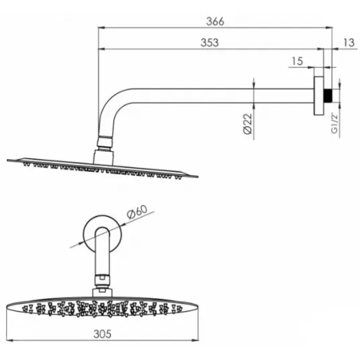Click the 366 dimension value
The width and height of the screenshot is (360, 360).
tap(215, 21)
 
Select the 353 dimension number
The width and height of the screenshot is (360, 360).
tap(210, 43)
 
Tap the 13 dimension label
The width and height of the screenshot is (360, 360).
tap(349, 43)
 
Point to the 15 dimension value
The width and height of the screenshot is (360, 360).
tap(298, 61)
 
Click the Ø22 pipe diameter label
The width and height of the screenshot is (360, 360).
tap(247, 124)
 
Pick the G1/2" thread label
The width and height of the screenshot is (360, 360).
tap(334, 123)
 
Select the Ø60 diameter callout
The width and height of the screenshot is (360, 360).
tap(137, 212)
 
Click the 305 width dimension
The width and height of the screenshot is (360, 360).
tap(102, 334)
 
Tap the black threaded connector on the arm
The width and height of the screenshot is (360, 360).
tap(328, 95)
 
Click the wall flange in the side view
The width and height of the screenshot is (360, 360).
tap(319, 95)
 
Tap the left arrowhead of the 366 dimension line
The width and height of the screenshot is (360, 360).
tap(101, 28)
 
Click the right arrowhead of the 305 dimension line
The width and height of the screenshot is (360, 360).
tap(195, 340)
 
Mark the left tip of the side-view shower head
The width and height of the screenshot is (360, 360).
tap(7, 161)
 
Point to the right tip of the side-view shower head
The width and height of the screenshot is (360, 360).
tap(197, 177)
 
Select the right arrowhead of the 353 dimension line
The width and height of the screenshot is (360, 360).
tap(320, 49)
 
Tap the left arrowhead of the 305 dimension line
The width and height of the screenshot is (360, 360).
tap(10, 340)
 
